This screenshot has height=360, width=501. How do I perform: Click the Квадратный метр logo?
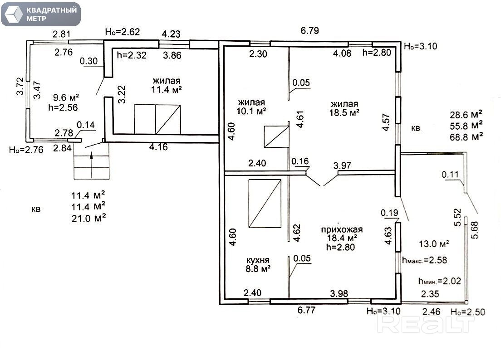(41, 15)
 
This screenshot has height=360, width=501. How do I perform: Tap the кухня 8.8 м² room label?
(258, 265)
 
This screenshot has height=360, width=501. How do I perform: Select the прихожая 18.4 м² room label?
(342, 238)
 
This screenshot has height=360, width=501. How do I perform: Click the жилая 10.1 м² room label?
(251, 107)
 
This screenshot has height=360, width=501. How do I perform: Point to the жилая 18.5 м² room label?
(344, 108)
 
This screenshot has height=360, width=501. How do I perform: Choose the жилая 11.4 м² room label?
(167, 85)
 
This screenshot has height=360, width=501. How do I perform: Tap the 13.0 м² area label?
(434, 244)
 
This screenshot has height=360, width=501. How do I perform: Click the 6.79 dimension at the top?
(310, 31)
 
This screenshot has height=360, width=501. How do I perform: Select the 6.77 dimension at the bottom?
(307, 310)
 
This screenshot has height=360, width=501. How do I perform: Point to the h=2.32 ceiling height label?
(132, 55)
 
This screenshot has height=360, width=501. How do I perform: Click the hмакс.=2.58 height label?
(425, 260)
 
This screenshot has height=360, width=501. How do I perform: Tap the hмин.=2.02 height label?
(440, 281)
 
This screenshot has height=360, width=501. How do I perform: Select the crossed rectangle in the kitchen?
(265, 204)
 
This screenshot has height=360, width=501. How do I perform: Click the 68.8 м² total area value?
(466, 137)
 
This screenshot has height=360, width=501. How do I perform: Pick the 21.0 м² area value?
(89, 218)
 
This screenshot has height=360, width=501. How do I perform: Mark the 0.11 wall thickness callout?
(450, 175)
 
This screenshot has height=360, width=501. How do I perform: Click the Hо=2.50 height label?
(468, 312)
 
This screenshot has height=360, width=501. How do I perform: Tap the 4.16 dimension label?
(158, 147)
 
